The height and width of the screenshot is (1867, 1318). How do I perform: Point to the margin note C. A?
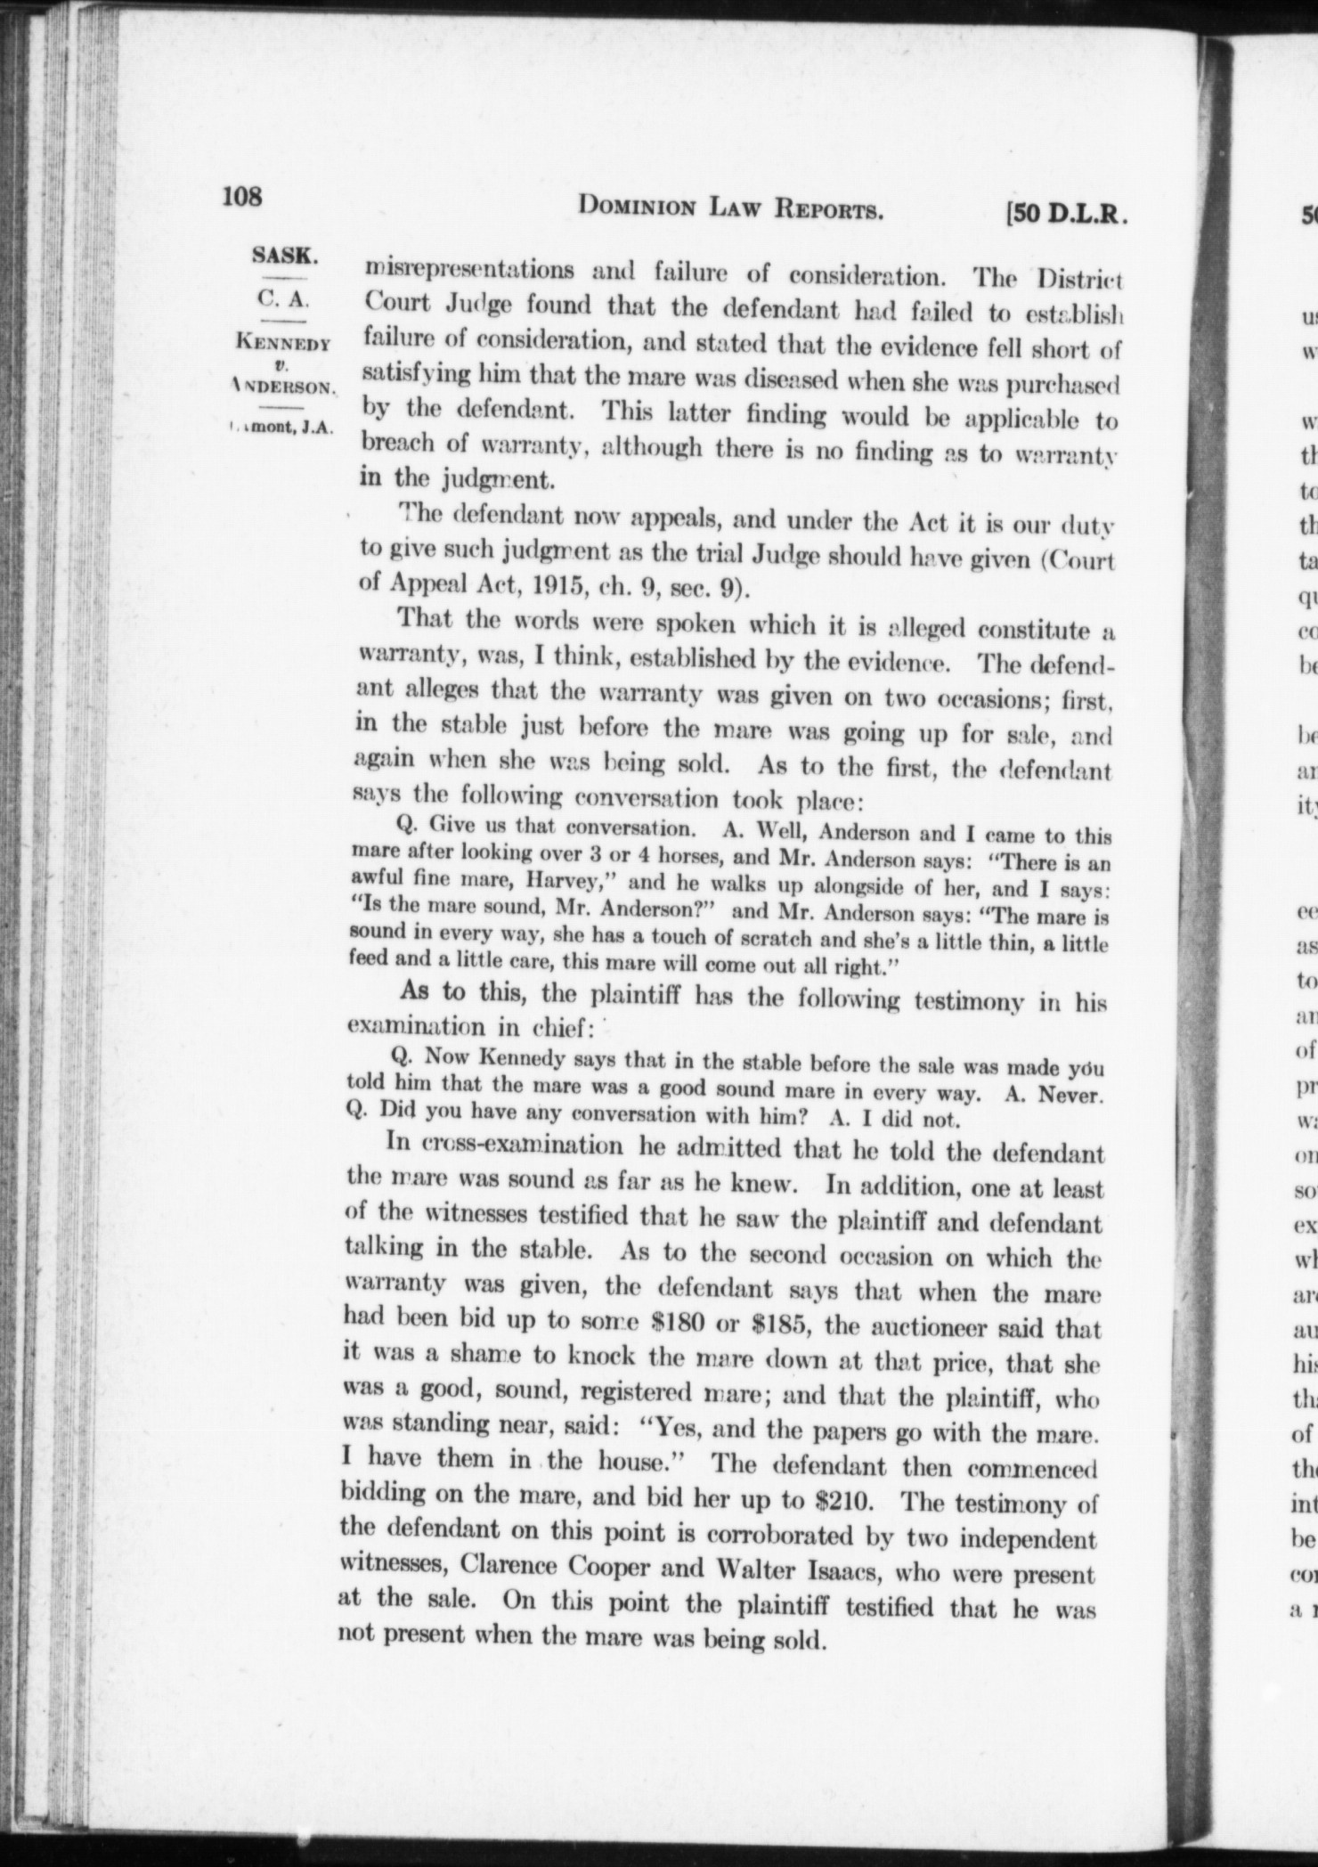click(284, 300)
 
